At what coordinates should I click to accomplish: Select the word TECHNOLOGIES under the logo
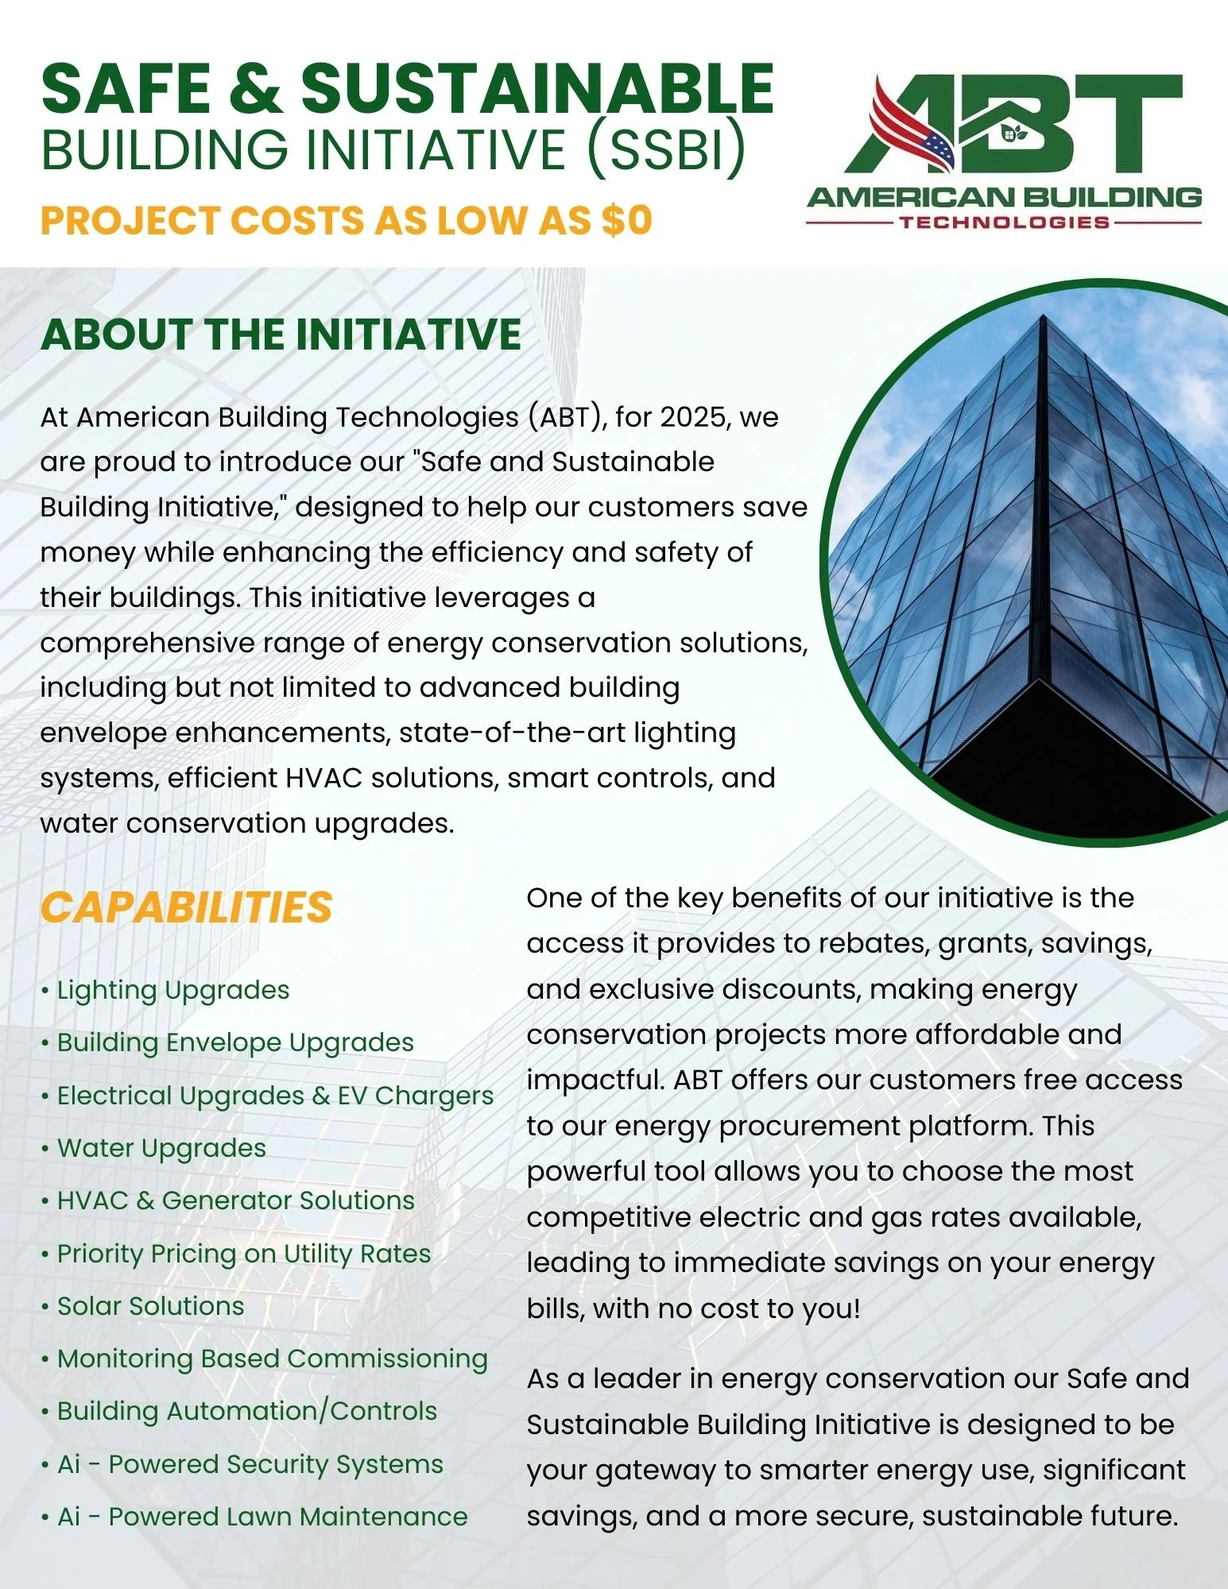coord(1004,222)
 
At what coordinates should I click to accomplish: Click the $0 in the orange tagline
coord(626,221)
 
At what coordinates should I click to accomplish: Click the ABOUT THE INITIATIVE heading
coord(281,334)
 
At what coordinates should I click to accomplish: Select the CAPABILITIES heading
coord(186,907)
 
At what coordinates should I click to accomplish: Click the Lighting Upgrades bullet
coord(172,990)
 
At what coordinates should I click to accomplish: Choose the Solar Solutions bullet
coord(150,1306)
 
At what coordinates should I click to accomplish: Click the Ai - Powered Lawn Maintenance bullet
coord(262,1517)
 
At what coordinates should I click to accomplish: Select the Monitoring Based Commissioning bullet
coord(272,1359)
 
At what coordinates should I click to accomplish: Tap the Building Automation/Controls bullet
coord(246,1411)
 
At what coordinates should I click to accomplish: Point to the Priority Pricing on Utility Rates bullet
coord(243,1254)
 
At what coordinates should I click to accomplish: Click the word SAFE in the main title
coord(127,89)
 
